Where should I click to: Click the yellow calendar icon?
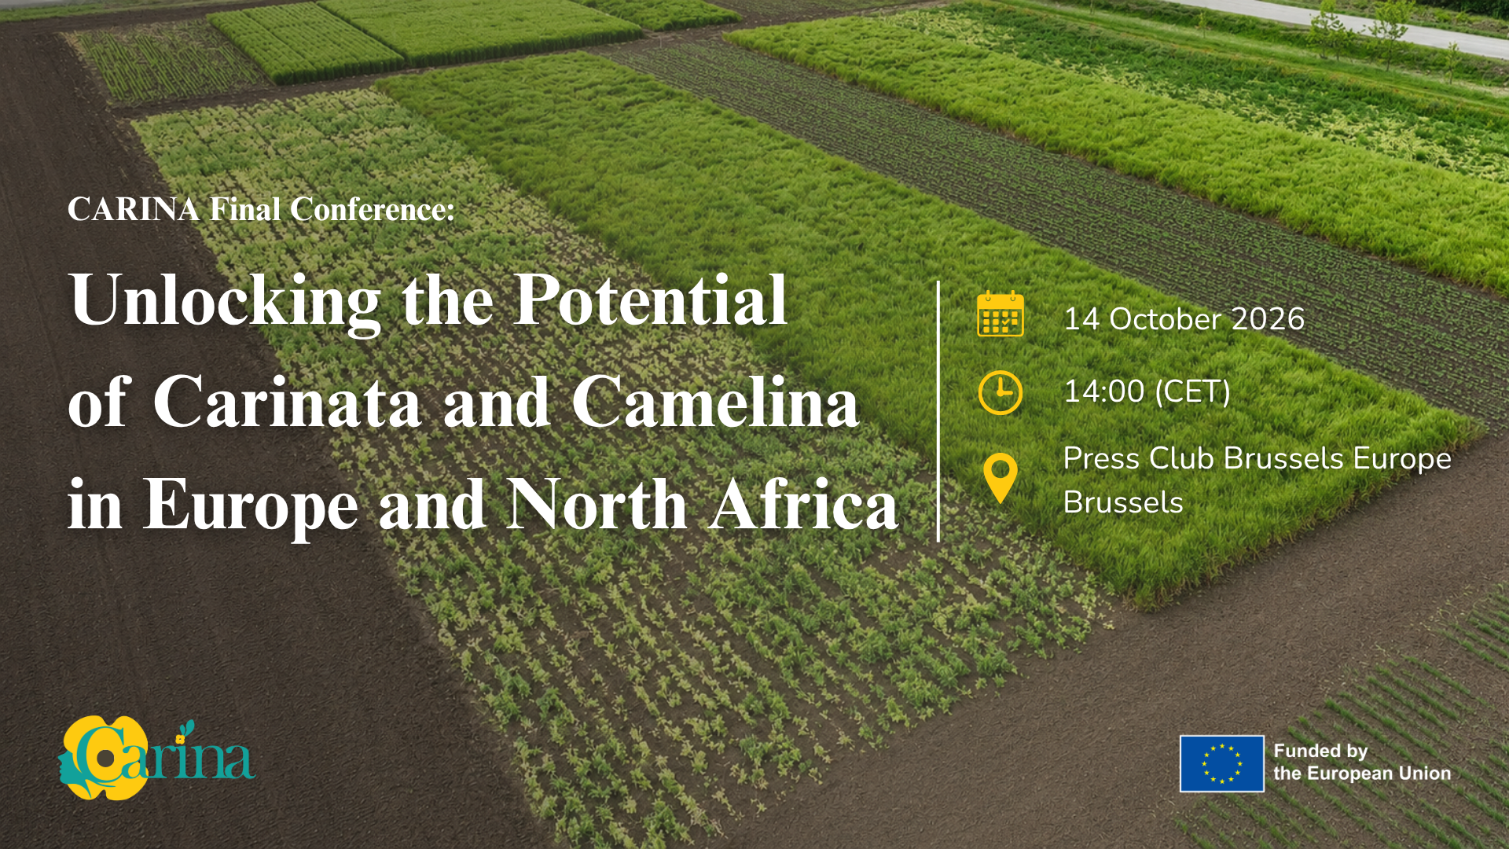tap(1000, 314)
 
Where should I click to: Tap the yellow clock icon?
tap(1000, 392)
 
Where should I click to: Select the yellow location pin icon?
tap(1000, 478)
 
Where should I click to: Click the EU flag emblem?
tap(1222, 763)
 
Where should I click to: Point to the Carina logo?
tap(156, 758)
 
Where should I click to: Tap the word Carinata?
tap(288, 402)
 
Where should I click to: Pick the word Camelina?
tap(715, 402)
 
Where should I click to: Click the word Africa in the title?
tap(804, 504)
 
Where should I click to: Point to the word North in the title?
tap(597, 504)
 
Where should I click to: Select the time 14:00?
tap(1103, 391)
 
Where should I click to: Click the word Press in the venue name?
tap(1101, 458)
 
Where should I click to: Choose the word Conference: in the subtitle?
tap(373, 210)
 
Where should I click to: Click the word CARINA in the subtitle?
tap(134, 210)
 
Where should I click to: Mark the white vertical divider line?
tap(938, 411)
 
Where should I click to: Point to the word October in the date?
tap(1165, 319)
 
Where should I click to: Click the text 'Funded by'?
tap(1320, 752)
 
